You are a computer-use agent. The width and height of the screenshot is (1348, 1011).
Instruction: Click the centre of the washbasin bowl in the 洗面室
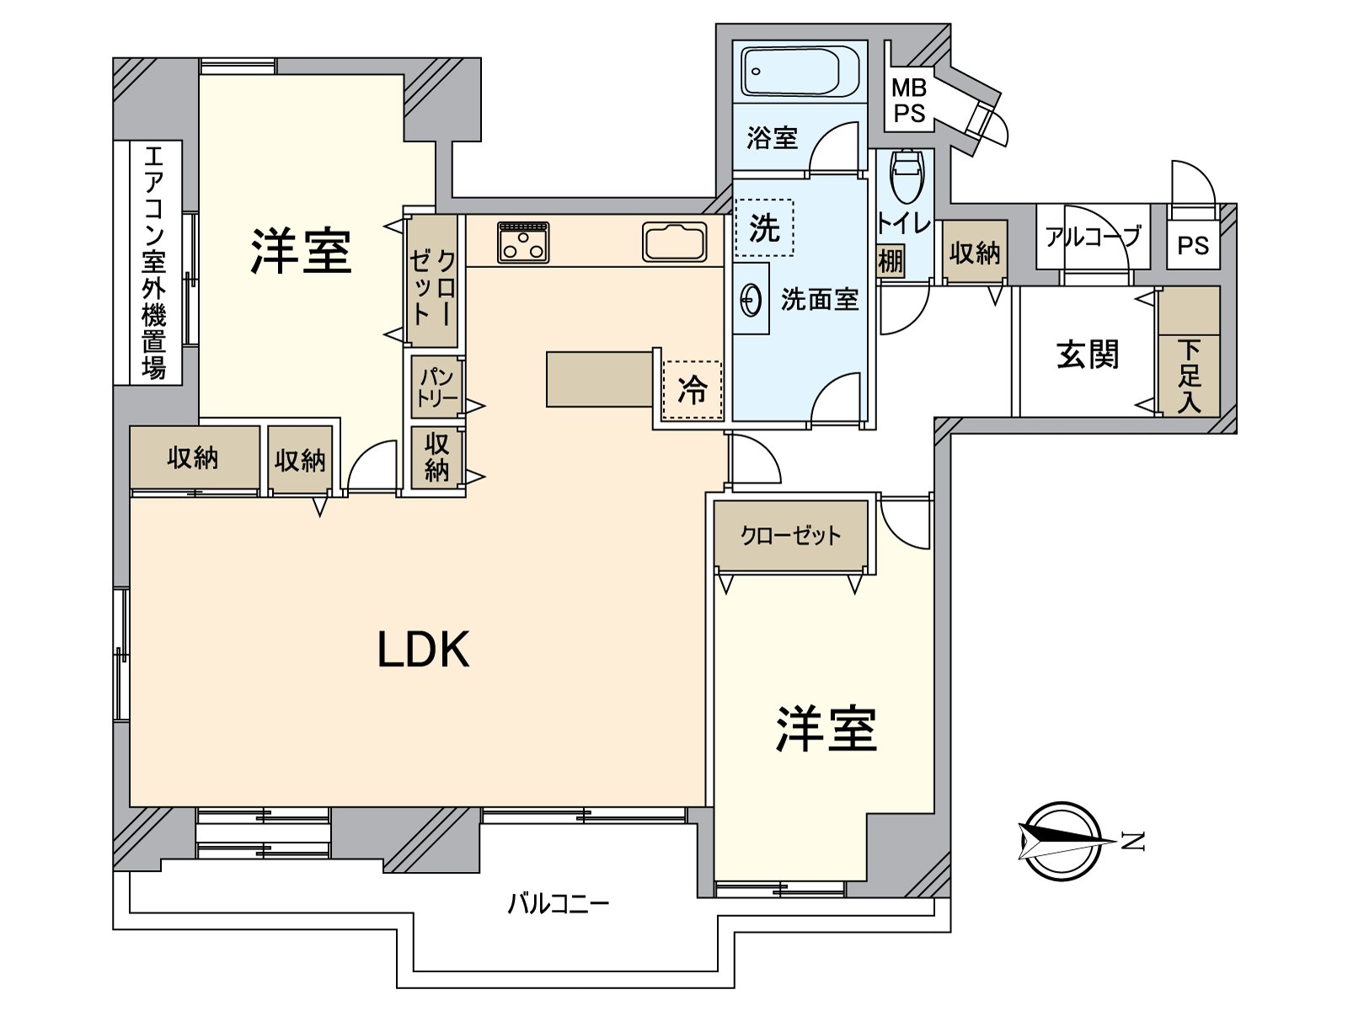pyautogui.click(x=751, y=300)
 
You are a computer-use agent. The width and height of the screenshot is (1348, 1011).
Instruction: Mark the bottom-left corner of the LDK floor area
pyautogui.click(x=131, y=806)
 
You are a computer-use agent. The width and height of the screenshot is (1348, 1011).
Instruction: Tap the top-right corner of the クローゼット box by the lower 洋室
pyautogui.click(x=868, y=501)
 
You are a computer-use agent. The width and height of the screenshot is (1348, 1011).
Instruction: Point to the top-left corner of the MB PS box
pyautogui.click(x=885, y=41)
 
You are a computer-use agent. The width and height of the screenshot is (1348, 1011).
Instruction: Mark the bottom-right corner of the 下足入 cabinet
pyautogui.click(x=1220, y=415)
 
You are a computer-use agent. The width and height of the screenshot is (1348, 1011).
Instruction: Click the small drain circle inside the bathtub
pyautogui.click(x=756, y=72)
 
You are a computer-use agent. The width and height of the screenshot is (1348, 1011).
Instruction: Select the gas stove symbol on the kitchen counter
pyautogui.click(x=523, y=243)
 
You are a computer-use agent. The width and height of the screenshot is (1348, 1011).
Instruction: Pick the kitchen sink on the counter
pyautogui.click(x=675, y=242)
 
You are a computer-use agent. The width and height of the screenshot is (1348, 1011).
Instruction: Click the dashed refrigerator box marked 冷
pyautogui.click(x=693, y=390)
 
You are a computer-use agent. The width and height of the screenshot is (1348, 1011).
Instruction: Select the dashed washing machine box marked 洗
pyautogui.click(x=765, y=227)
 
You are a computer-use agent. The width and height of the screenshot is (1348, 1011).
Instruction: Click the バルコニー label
pyautogui.click(x=559, y=904)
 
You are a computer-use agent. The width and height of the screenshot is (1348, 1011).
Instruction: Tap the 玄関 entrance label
pyautogui.click(x=1088, y=354)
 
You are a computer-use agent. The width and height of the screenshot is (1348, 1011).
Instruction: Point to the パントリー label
pyautogui.click(x=437, y=387)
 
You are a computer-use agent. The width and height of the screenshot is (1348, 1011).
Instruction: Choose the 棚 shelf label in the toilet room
pyautogui.click(x=891, y=262)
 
